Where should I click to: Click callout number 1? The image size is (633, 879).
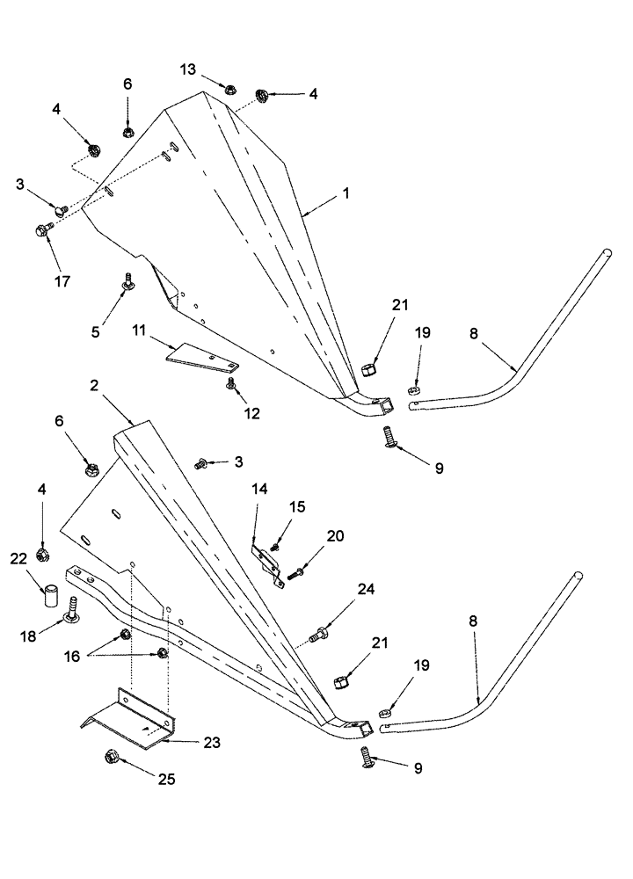click(346, 193)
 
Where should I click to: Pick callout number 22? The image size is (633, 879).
click(18, 559)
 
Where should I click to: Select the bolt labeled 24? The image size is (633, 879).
click(318, 630)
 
